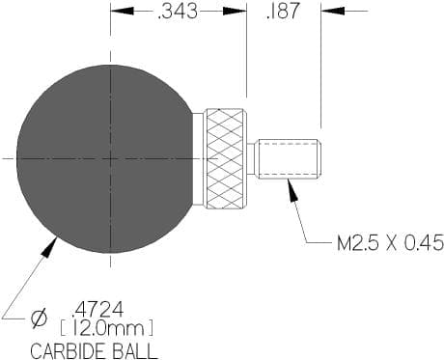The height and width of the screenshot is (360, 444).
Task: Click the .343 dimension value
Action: [178, 12]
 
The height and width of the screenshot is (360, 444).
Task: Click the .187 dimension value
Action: [283, 11]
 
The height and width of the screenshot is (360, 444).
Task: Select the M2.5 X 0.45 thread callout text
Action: [390, 243]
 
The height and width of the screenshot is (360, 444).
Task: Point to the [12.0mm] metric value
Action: [107, 329]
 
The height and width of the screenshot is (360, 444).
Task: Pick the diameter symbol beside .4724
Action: [39, 319]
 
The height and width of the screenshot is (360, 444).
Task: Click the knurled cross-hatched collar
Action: [226, 158]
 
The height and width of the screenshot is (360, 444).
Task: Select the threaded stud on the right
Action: [289, 158]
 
